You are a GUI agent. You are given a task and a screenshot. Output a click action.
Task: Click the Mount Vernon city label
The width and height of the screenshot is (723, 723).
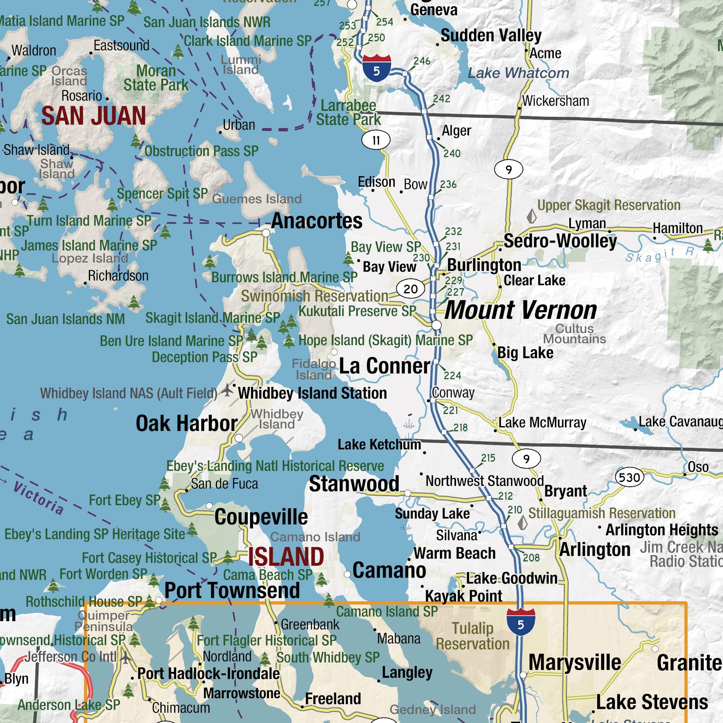[521, 311]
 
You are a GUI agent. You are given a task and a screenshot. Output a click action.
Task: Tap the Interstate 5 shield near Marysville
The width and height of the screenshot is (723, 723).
[521, 622]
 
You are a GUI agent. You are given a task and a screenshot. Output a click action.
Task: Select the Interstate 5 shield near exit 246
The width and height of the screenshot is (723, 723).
[376, 68]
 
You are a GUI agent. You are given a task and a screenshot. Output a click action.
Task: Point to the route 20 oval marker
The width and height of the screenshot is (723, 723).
[410, 289]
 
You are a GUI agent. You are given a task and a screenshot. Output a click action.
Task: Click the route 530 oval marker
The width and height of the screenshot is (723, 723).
[629, 477]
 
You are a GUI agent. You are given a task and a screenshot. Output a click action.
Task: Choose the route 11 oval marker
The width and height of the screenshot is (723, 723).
[376, 140]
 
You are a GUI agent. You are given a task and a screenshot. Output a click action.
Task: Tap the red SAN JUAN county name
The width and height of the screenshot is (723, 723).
[94, 116]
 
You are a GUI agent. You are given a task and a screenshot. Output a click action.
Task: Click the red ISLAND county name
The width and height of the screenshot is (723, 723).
[286, 557]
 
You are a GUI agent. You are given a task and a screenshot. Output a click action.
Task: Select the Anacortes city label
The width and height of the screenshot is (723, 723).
[316, 221]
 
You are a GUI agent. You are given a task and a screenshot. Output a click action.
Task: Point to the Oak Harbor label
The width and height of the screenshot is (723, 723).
[186, 423]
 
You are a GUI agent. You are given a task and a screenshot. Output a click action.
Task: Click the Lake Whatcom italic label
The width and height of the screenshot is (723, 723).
[518, 73]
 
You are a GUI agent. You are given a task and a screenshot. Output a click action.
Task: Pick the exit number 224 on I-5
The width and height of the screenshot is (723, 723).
[452, 375]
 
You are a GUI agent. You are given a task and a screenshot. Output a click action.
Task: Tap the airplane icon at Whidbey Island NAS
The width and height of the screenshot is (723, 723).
[227, 390]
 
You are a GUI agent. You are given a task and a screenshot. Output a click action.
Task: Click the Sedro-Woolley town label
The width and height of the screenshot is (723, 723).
[560, 241]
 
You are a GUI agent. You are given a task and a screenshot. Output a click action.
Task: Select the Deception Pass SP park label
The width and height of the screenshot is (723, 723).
[204, 357]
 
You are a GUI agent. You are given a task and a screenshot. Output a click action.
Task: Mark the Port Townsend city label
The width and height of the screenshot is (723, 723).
[232, 590]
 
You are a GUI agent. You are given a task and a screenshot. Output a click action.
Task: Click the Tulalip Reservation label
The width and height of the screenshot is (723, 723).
[473, 636]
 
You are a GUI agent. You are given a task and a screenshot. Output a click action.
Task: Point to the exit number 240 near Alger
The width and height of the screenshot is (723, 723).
[452, 153]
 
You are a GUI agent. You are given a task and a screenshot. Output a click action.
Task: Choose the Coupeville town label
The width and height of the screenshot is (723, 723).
[261, 517]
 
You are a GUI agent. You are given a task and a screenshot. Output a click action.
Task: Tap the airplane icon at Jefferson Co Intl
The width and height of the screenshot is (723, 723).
[125, 657]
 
